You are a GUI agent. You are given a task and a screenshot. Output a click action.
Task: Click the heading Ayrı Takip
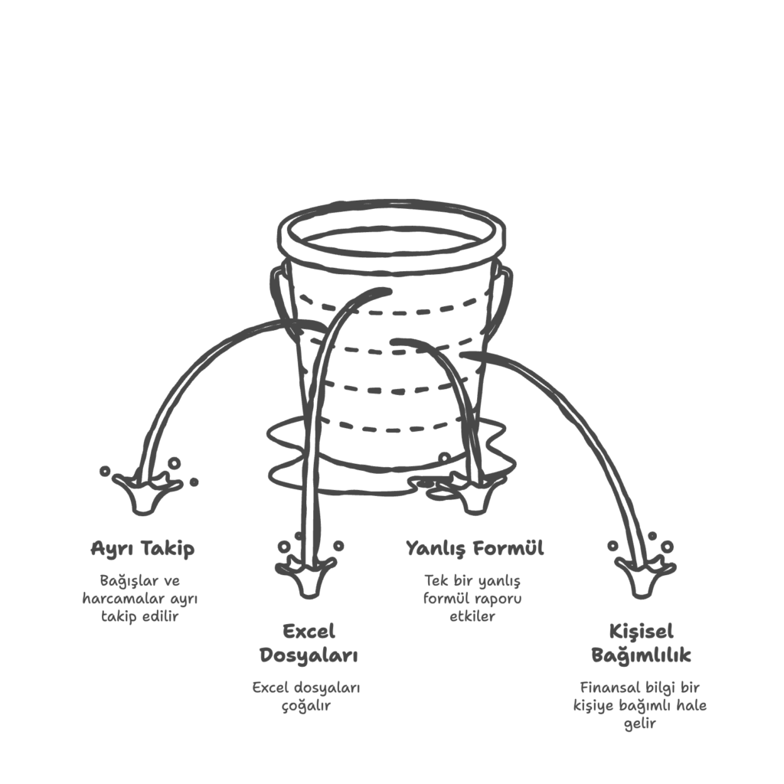click(x=142, y=548)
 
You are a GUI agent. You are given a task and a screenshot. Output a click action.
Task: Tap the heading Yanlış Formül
click(x=475, y=548)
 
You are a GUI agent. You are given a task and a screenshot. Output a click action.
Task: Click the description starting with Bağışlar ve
click(x=140, y=599)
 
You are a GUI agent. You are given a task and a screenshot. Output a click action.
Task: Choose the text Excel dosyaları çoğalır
click(x=306, y=697)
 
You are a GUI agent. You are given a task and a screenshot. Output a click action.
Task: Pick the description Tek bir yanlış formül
click(x=472, y=599)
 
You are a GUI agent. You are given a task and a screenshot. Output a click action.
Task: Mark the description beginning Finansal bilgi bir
click(x=640, y=705)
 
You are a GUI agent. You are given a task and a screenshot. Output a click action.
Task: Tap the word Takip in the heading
click(x=168, y=549)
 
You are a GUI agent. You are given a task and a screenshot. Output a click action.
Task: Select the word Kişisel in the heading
click(x=641, y=632)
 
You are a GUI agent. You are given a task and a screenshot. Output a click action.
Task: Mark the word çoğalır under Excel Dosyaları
click(x=306, y=706)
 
